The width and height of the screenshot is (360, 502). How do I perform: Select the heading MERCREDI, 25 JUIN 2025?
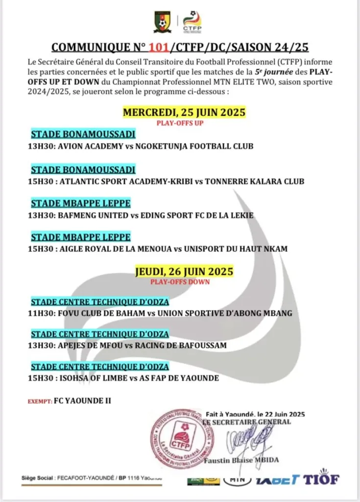pos(184,112)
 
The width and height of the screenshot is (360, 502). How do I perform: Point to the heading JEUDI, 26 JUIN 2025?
pos(184,271)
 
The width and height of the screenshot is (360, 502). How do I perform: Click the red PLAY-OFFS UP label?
pos(180,123)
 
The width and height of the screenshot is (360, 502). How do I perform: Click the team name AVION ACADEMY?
pos(82,146)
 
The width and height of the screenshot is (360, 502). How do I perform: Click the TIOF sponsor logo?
pos(321,479)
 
